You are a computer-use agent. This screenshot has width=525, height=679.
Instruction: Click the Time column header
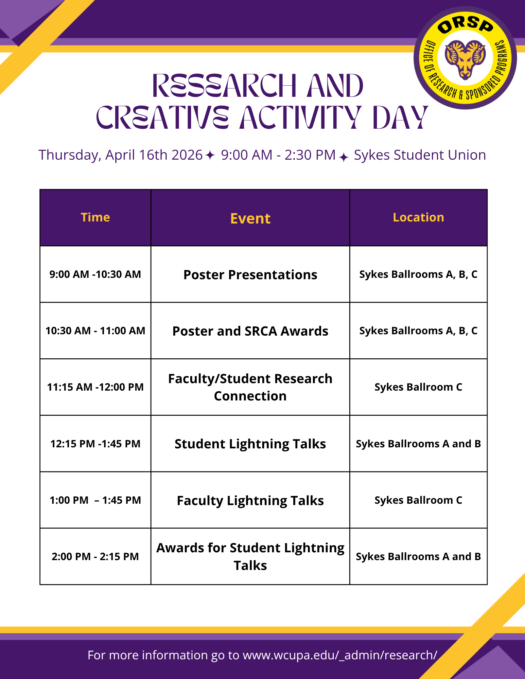[95, 217]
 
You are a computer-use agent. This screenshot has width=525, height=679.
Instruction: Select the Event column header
[250, 218]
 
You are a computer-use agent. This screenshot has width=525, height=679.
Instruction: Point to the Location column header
[418, 217]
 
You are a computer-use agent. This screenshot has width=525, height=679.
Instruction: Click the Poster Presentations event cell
[250, 274]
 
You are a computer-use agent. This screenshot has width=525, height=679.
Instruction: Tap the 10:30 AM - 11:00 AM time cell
[95, 330]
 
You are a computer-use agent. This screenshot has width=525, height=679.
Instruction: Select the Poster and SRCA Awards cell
[250, 331]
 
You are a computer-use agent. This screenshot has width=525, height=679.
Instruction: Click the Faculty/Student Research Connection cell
[250, 387]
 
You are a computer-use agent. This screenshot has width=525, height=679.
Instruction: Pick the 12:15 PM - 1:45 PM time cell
[95, 444]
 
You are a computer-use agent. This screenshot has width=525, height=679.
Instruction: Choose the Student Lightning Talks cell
[250, 444]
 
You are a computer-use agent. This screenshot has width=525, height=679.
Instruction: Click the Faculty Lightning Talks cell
[250, 500]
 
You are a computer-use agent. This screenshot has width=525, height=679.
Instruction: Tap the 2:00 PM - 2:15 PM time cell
[95, 556]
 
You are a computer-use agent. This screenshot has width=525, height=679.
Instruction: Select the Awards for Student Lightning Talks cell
[250, 556]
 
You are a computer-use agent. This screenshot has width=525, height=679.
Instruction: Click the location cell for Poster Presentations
[418, 274]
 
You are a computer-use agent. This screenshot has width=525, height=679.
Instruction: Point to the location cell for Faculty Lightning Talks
[418, 500]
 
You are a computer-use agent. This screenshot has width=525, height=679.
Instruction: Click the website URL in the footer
[340, 655]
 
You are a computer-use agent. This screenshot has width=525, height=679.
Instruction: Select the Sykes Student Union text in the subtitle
[420, 155]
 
